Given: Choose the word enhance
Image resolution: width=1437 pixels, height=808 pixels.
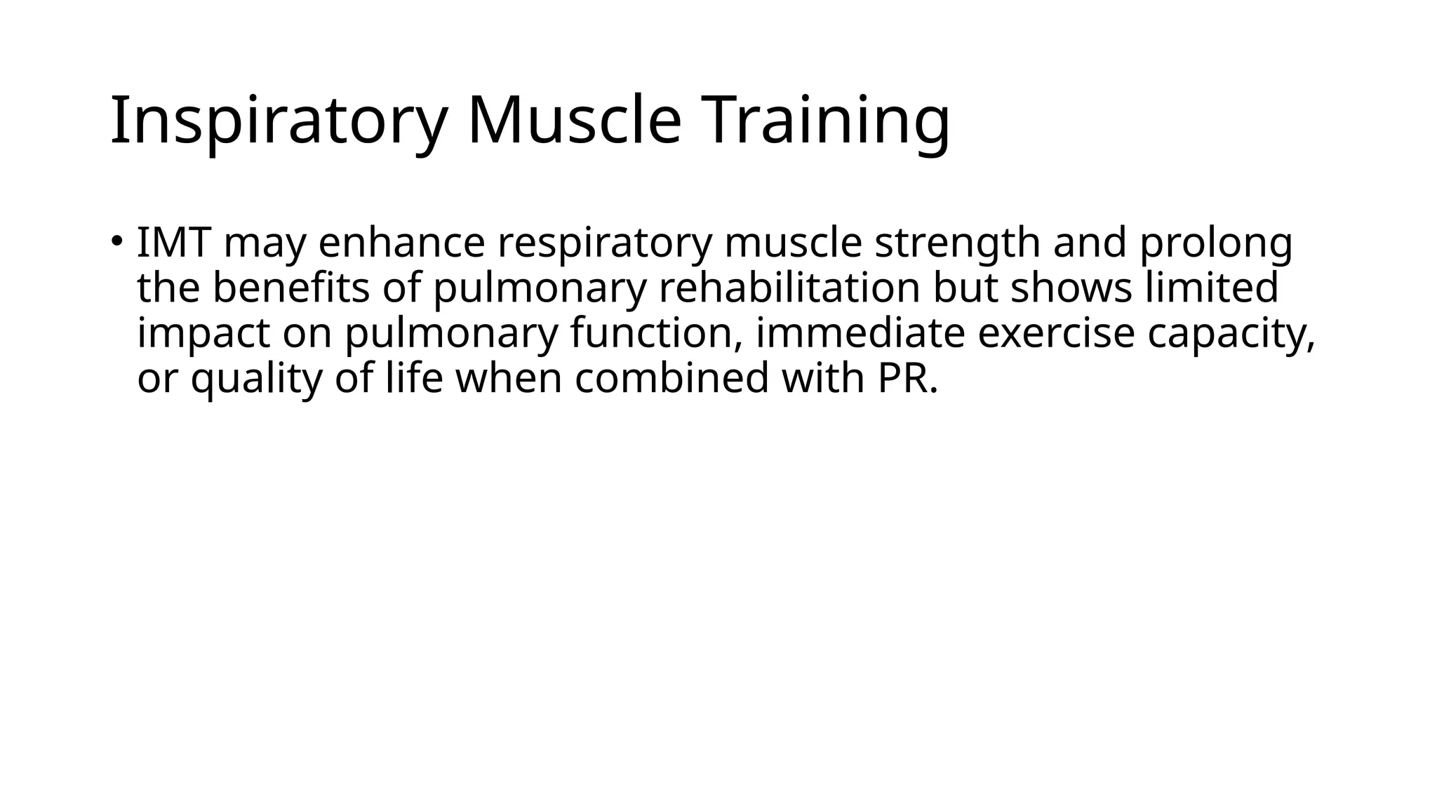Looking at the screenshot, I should (401, 243).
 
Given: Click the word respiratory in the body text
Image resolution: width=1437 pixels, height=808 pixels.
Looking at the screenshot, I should (604, 244).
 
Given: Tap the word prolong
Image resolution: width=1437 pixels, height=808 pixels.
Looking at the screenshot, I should (1215, 244).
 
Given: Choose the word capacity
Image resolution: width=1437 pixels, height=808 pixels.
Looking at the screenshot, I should (1231, 334).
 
